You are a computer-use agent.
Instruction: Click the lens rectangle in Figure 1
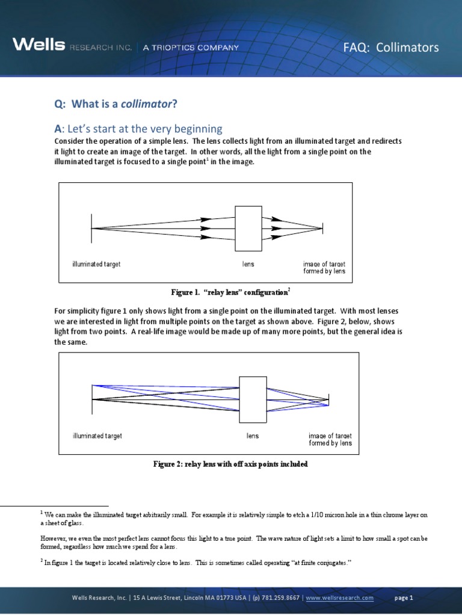pos(248,228)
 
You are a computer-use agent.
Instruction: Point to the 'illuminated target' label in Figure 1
pos(96,264)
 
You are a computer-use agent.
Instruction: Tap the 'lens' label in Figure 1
pos(248,264)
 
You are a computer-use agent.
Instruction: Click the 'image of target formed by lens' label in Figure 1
pos(324,268)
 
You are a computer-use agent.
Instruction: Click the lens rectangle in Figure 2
pos(253,399)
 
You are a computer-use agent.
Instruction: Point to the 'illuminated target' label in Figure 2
pos(97,436)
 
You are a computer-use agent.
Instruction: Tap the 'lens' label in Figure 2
pos(253,436)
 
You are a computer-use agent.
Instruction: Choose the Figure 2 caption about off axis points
pos(230,464)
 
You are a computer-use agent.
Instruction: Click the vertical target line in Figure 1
pos(91,228)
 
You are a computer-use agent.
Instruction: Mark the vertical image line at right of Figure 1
pos(323,228)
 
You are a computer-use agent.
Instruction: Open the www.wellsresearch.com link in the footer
pos(340,598)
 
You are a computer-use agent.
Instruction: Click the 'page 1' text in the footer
pos(404,598)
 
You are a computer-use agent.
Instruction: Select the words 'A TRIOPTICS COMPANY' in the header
pos(191,47)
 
